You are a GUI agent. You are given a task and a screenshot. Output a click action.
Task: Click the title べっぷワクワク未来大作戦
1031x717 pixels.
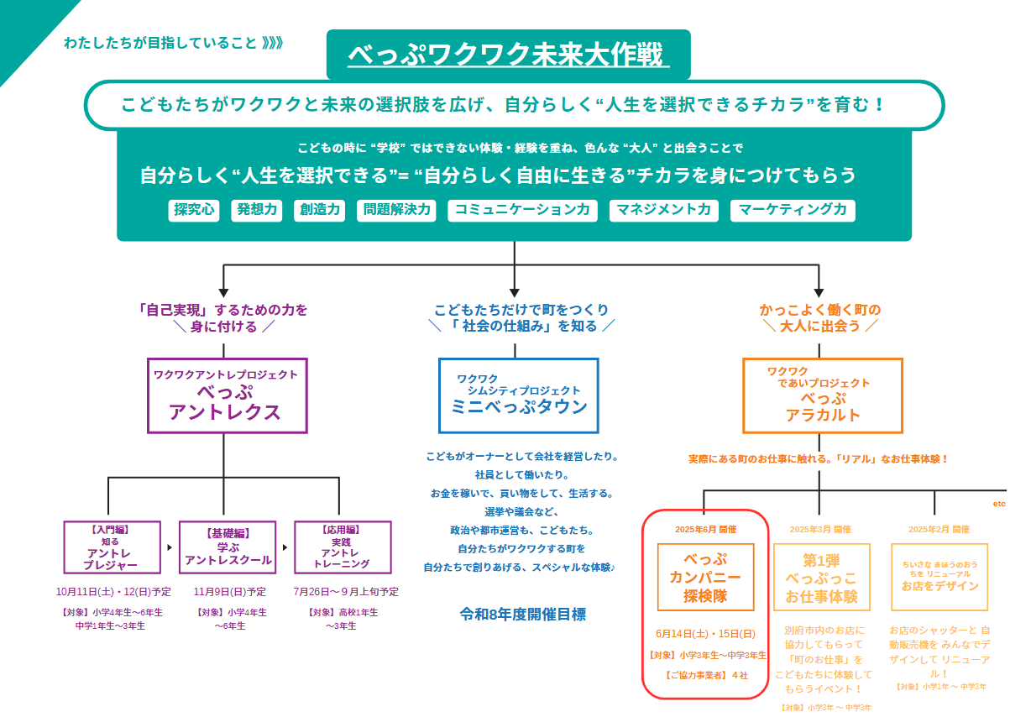pyautogui.click(x=508, y=55)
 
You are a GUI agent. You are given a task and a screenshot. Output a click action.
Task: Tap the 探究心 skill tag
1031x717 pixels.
pyautogui.click(x=193, y=210)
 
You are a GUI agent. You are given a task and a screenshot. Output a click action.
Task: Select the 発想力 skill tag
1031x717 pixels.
pyautogui.click(x=256, y=210)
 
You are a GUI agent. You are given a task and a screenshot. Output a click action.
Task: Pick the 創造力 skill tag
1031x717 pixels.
pyautogui.click(x=321, y=210)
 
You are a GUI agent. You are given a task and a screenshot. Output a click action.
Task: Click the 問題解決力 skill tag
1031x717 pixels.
pyautogui.click(x=396, y=210)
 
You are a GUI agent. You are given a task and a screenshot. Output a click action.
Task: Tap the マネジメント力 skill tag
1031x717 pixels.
pyautogui.click(x=663, y=210)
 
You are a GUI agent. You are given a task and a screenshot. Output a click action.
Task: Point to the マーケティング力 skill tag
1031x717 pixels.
pyautogui.click(x=793, y=210)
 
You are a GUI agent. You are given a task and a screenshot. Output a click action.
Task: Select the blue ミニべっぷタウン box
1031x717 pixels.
pyautogui.click(x=518, y=395)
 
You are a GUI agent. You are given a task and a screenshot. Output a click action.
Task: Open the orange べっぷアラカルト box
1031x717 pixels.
pyautogui.click(x=822, y=395)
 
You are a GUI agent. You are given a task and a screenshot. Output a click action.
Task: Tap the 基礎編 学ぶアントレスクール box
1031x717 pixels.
pyautogui.click(x=228, y=547)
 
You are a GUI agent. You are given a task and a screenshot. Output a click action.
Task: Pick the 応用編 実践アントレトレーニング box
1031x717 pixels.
pyautogui.click(x=342, y=547)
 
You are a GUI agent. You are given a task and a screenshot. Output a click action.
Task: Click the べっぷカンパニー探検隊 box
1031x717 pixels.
pyautogui.click(x=705, y=577)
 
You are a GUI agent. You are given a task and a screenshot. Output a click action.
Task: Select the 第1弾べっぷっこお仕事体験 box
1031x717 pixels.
pyautogui.click(x=821, y=577)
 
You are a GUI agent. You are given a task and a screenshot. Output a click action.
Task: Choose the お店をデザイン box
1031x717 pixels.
pyautogui.click(x=939, y=577)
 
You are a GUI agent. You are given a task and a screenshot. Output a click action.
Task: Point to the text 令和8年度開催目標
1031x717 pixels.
pyautogui.click(x=522, y=615)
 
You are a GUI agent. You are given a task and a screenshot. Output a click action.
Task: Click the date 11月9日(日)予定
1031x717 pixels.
pyautogui.click(x=229, y=592)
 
